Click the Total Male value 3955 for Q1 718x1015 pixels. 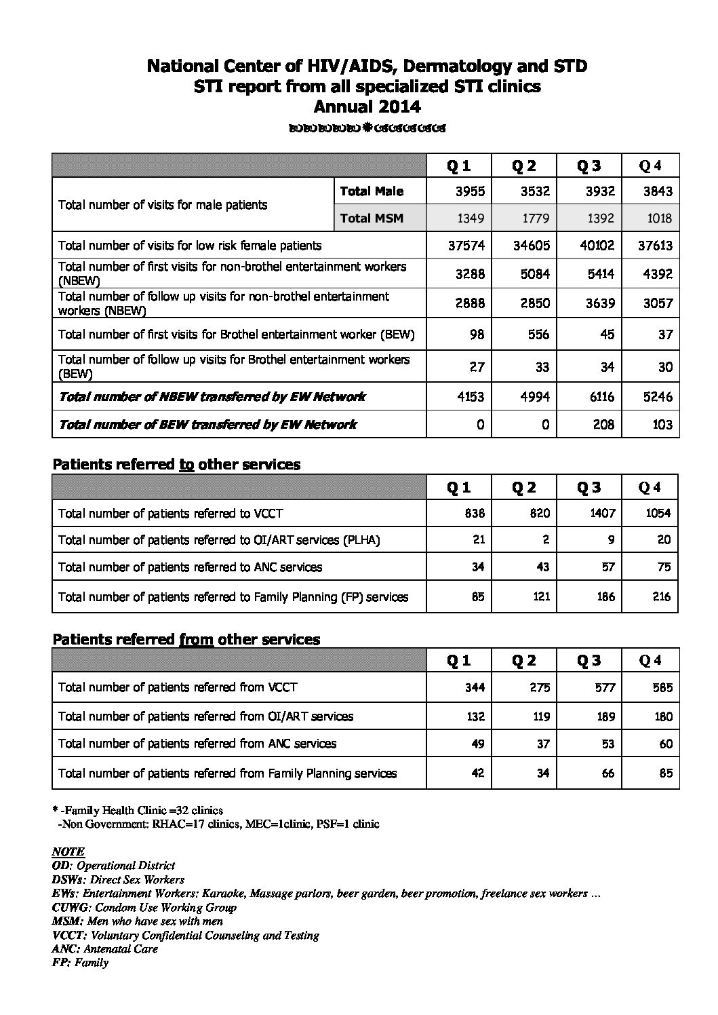[470, 191]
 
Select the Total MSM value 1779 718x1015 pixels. [535, 218]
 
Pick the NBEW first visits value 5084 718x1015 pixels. [535, 274]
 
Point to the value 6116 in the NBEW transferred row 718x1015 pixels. [601, 397]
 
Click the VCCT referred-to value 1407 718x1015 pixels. [601, 513]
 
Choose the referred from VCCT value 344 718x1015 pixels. [475, 687]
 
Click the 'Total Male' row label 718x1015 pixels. [372, 191]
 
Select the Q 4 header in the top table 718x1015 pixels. [650, 166]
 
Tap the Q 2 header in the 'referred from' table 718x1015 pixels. [523, 661]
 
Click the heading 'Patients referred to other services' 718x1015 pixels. [176, 465]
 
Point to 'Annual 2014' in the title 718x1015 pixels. [367, 107]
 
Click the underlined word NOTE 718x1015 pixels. [68, 851]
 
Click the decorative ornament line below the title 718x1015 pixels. [367, 128]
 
